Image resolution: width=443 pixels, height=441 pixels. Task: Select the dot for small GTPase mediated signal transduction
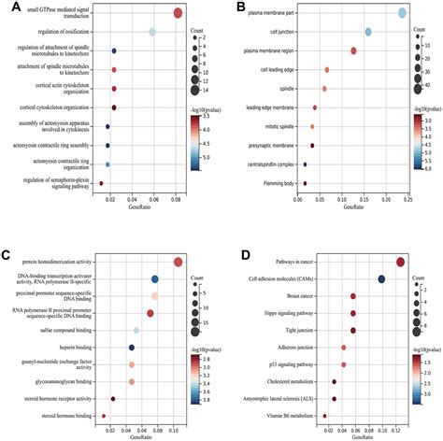(179, 13)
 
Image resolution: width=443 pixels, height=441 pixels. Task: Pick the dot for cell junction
(368, 32)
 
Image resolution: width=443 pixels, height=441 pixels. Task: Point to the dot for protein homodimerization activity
(179, 263)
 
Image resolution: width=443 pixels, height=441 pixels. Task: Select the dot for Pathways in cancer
(400, 263)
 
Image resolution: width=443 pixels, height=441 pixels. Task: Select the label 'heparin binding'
(73, 348)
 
